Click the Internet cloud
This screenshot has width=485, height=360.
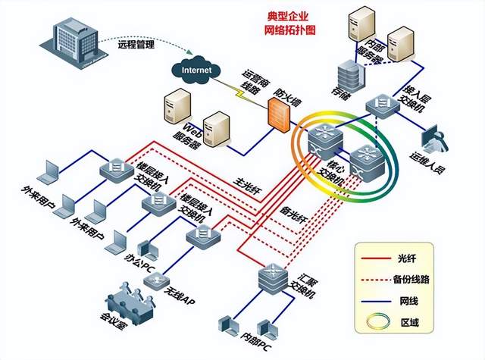pos(197,69)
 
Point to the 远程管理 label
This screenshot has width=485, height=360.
pos(136,45)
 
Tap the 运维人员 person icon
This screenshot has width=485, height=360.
pos(436,139)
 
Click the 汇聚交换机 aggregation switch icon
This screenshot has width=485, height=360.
pos(273,278)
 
